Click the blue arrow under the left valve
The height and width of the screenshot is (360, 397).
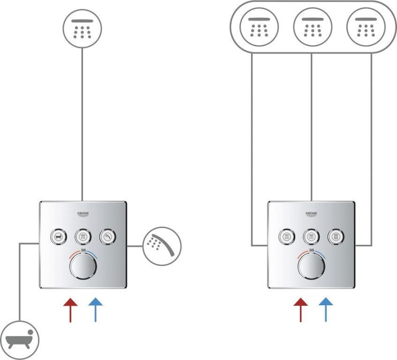point(95,309)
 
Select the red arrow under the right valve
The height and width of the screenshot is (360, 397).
point(300,309)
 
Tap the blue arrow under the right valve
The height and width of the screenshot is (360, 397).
point(325,309)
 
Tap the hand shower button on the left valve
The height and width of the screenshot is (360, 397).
point(109,236)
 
